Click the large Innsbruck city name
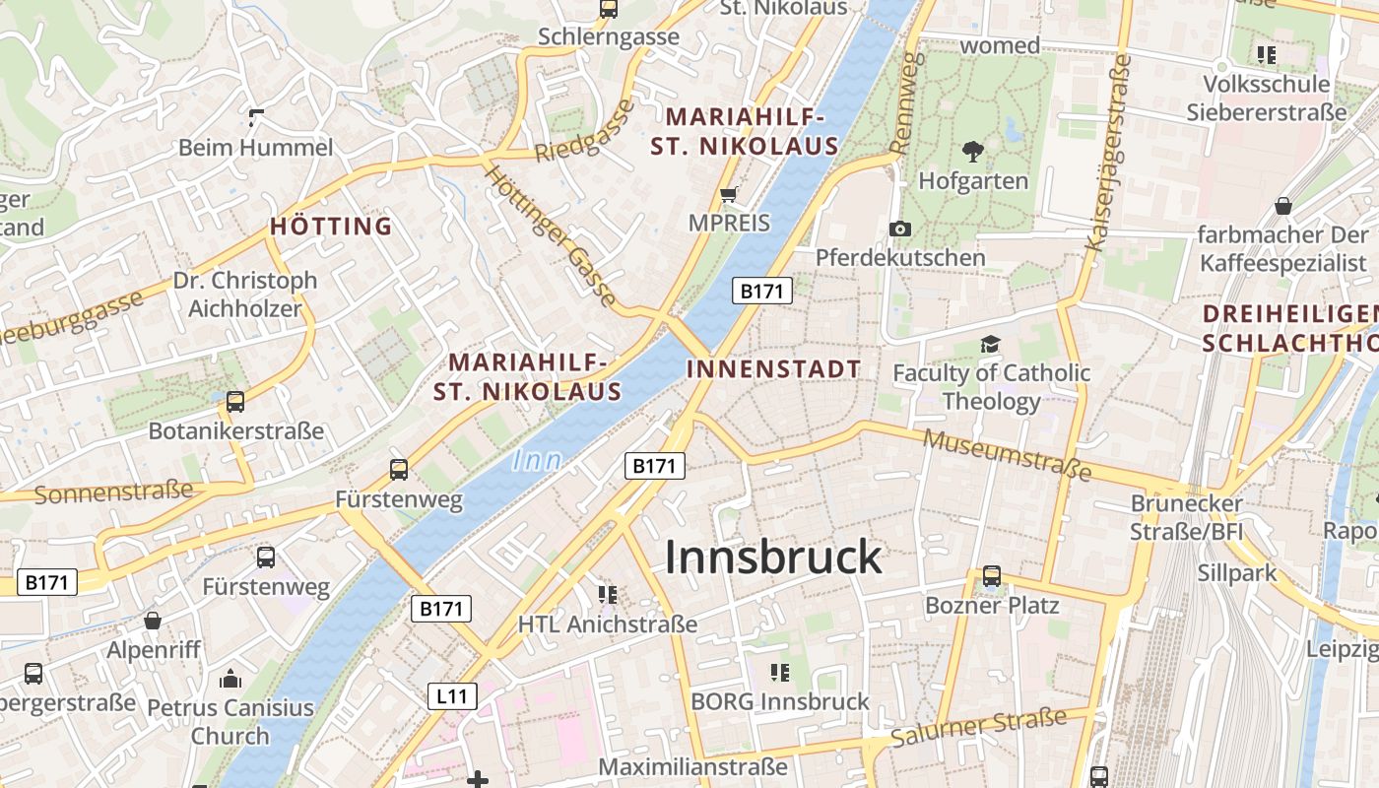click(773, 558)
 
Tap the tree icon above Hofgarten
click(973, 152)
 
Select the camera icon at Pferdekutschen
click(899, 230)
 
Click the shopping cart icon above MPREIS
click(729, 194)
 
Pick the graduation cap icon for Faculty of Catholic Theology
click(990, 344)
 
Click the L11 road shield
click(453, 696)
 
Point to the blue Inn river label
click(538, 460)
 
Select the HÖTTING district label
click(331, 227)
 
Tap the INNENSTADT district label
click(773, 369)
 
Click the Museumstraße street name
click(1008, 454)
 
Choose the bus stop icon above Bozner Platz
click(992, 576)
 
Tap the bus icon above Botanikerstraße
click(235, 402)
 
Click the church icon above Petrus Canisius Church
click(230, 679)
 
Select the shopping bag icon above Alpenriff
click(153, 621)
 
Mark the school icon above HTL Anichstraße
click(608, 594)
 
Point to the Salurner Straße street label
click(977, 727)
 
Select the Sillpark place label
click(1236, 573)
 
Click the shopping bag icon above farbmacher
click(1282, 206)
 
